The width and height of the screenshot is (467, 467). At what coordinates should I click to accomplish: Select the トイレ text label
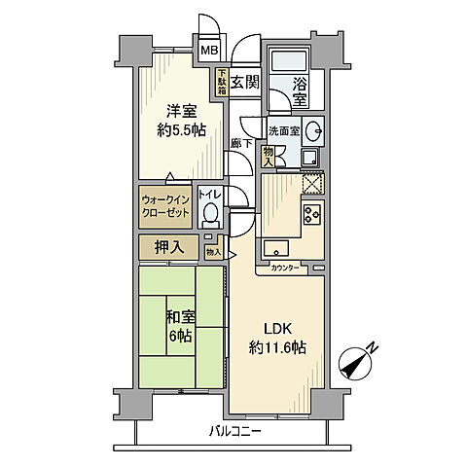(210, 195)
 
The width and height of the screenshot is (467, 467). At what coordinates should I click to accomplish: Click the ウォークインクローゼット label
(166, 204)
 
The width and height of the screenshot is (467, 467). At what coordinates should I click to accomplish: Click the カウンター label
(285, 267)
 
